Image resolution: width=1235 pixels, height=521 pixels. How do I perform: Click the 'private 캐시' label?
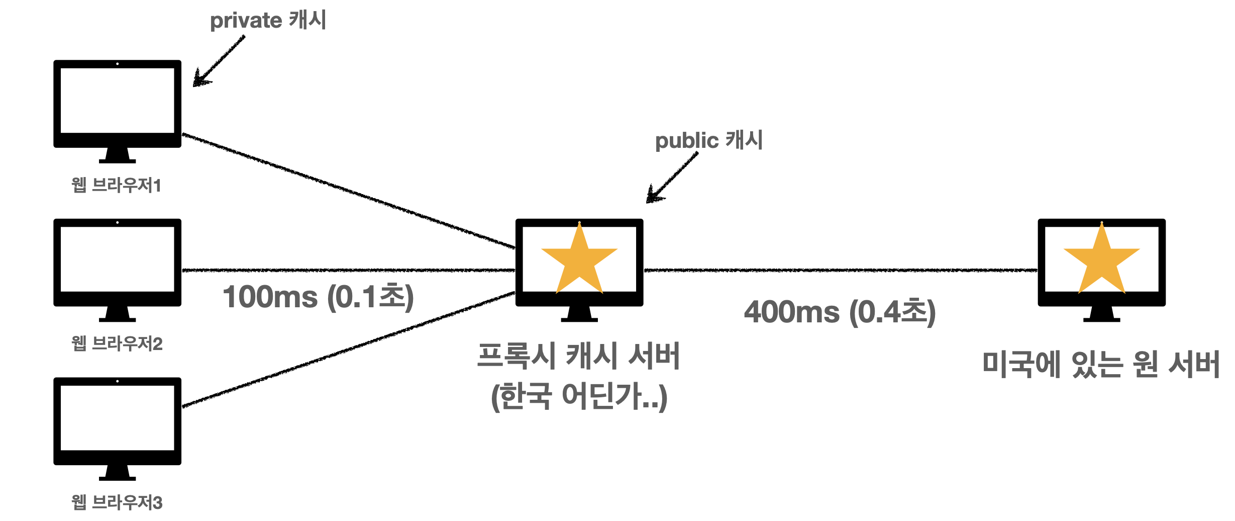coord(268,21)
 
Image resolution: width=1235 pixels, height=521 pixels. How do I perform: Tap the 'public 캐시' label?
coord(708,140)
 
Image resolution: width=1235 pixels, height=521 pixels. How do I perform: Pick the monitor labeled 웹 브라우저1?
coord(117,106)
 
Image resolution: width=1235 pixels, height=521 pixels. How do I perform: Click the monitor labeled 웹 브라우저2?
coord(117,264)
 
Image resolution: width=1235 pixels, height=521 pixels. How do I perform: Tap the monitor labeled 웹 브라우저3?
coord(117,423)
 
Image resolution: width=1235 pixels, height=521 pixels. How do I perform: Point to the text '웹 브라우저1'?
coord(116,185)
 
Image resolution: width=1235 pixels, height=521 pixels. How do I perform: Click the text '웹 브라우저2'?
coord(117,343)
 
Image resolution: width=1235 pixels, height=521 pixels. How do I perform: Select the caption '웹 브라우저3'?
coord(117,502)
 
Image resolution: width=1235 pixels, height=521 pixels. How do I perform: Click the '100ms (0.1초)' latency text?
coord(318,297)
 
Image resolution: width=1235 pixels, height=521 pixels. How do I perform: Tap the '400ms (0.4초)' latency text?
coord(840,312)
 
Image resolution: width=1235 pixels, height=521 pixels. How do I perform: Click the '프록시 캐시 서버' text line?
coord(578,356)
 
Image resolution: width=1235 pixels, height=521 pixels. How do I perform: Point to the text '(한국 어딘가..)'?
coord(579,396)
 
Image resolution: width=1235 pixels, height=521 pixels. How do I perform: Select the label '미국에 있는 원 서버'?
coord(1101,365)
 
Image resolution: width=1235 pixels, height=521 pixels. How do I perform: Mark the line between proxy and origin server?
coord(840,271)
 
